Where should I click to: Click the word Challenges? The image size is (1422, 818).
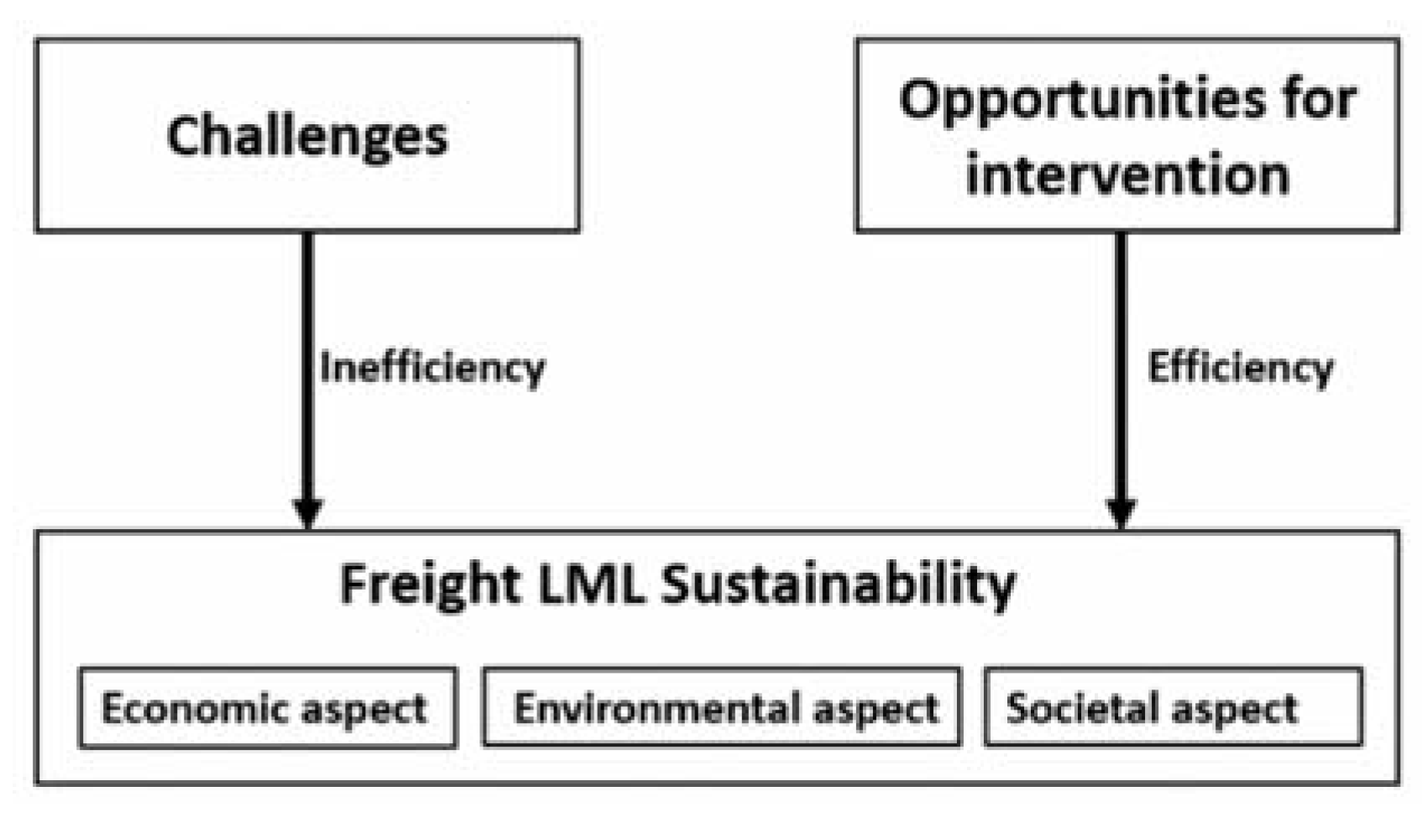307,136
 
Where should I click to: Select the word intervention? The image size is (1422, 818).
1127,175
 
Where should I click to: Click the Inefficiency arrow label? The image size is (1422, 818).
432,368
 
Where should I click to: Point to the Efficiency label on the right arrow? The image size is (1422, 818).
1240,368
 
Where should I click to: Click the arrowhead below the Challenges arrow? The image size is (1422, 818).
308,511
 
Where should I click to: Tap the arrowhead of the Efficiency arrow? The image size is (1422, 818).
1121,511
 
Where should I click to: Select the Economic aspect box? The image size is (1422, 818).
268,707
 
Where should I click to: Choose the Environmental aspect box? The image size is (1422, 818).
721,707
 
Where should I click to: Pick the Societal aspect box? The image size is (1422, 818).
1173,707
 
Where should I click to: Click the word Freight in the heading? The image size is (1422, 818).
430,584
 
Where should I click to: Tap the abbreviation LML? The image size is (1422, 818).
591,584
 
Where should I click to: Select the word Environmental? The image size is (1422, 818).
656,707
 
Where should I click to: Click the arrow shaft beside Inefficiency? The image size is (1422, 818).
308,370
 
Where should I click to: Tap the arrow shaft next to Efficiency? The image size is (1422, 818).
1121,370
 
